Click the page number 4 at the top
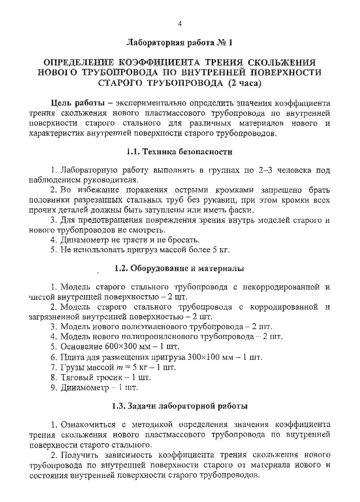point(179,24)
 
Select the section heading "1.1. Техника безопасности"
point(179,152)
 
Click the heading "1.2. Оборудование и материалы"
point(179,268)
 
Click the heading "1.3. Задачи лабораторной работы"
point(179,406)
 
